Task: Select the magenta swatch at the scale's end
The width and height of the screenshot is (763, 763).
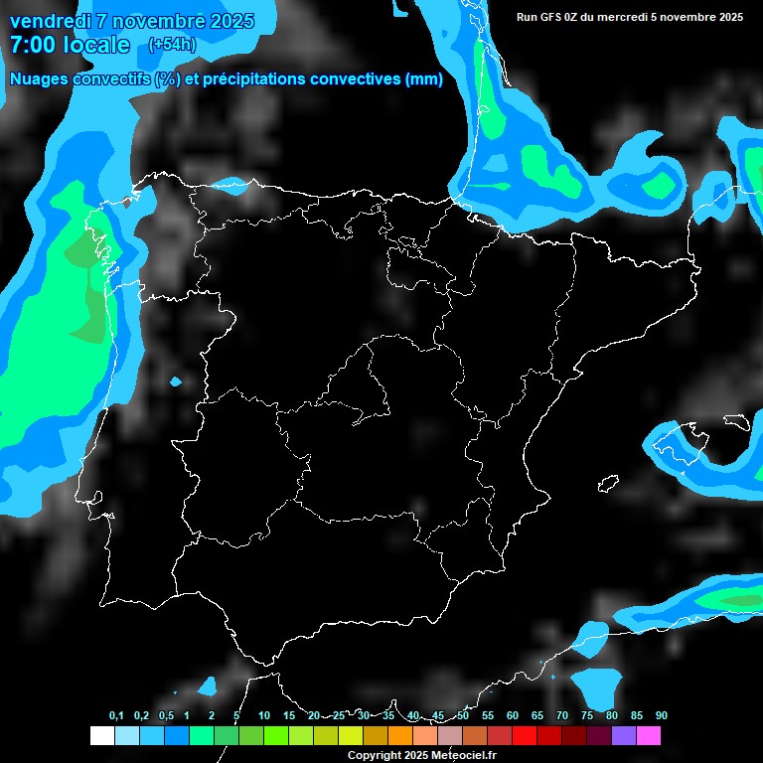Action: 649,735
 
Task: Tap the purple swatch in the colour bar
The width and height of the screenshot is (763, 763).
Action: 624,735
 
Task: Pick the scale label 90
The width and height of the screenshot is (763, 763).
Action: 661,715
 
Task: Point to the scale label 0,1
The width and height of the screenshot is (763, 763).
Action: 116,715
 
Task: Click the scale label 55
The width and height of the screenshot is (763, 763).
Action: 487,715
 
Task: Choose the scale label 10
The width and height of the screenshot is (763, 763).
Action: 263,715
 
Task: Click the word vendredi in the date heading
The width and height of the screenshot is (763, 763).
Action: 51,21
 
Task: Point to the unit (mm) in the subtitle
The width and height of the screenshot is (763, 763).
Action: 423,79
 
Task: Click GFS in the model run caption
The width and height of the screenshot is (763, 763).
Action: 554,17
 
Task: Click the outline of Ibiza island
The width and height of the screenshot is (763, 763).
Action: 608,483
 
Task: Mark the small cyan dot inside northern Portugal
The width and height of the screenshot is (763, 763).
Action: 176,381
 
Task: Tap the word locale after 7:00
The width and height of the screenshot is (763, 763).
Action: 93,45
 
